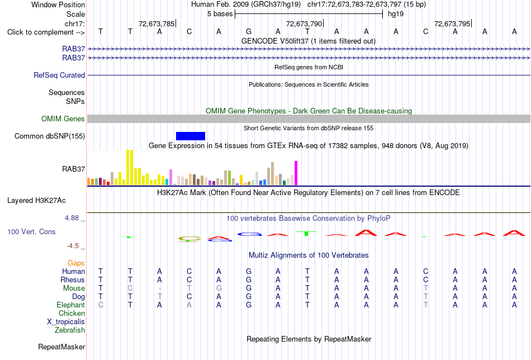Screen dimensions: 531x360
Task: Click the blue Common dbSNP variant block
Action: pos(190,136)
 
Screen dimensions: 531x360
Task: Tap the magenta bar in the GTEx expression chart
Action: pos(296,173)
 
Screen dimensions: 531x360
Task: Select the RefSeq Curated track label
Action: pos(59,75)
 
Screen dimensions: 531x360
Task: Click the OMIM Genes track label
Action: pos(63,119)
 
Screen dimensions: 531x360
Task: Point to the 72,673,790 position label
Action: pos(304,23)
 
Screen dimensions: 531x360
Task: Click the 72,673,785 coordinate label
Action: pos(157,23)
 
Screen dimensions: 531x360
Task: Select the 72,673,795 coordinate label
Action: pos(452,23)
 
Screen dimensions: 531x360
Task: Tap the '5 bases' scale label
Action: pos(220,14)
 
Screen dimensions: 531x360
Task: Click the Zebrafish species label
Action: pos(70,330)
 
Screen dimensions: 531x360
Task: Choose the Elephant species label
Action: pos(70,305)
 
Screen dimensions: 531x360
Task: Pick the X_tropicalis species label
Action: pos(66,322)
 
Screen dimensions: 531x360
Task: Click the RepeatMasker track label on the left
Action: pos(61,347)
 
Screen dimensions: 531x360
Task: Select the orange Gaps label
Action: pos(76,263)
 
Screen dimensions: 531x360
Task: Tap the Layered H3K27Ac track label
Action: pos(36,201)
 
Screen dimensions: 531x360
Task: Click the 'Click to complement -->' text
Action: pos(46,32)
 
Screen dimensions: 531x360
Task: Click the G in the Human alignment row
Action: pos(249,271)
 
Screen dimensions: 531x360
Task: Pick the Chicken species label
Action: pos(72,313)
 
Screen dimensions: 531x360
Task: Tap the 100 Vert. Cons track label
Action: pos(31,231)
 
